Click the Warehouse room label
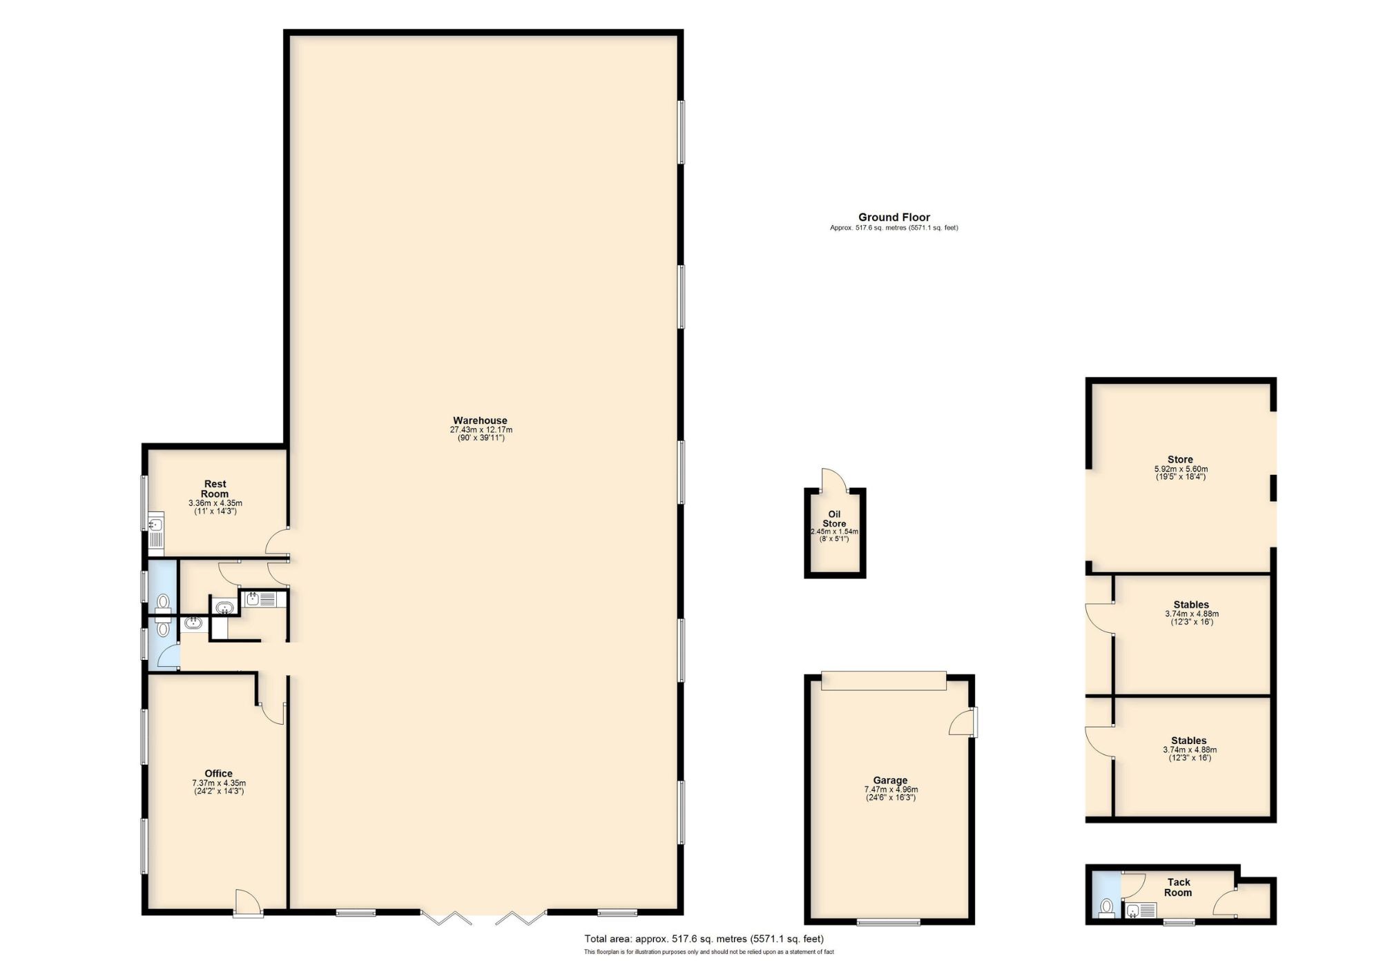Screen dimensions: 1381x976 pyautogui.click(x=480, y=420)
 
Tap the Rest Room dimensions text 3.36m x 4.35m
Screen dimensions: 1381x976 pyautogui.click(x=215, y=503)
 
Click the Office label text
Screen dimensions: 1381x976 pyautogui.click(x=218, y=773)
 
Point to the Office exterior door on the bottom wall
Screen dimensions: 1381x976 pyautogui.click(x=248, y=903)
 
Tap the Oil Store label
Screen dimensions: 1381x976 pyautogui.click(x=834, y=519)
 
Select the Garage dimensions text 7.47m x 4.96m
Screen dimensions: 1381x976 pyautogui.click(x=891, y=790)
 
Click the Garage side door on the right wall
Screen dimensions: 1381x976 pyautogui.click(x=963, y=721)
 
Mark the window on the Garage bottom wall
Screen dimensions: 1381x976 pyautogui.click(x=888, y=921)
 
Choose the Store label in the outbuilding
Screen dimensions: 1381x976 pyautogui.click(x=1180, y=459)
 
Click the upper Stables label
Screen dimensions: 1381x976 pyautogui.click(x=1191, y=605)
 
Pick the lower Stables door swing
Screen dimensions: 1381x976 pyautogui.click(x=1099, y=742)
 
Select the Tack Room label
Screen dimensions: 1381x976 pyautogui.click(x=1179, y=887)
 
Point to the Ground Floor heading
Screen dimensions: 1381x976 pyautogui.click(x=894, y=217)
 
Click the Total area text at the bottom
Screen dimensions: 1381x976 pyautogui.click(x=704, y=938)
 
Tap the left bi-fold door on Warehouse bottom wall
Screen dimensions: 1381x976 pyautogui.click(x=445, y=918)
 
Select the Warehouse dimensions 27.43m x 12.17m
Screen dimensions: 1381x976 pyautogui.click(x=481, y=430)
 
